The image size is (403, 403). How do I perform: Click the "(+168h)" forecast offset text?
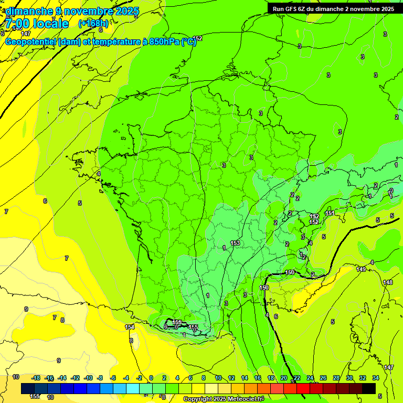93,23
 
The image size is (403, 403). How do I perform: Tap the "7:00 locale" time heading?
37,24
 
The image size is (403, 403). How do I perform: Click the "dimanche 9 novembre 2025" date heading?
72,11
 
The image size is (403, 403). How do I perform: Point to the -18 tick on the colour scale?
36,378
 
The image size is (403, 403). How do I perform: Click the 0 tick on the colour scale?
151,378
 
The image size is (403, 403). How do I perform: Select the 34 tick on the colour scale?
376,378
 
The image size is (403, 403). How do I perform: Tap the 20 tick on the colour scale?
284,378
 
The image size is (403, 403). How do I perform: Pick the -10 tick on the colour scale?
88,378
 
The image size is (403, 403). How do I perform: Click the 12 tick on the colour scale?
231,378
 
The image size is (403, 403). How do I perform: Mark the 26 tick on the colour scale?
323,378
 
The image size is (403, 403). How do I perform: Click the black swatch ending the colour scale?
369,388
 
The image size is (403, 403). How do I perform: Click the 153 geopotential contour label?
235,243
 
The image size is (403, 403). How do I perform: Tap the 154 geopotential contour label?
130,327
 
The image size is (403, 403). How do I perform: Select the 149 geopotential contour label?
361,269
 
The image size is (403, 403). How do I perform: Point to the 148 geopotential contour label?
388,283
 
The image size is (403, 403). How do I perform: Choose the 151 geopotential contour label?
330,213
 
